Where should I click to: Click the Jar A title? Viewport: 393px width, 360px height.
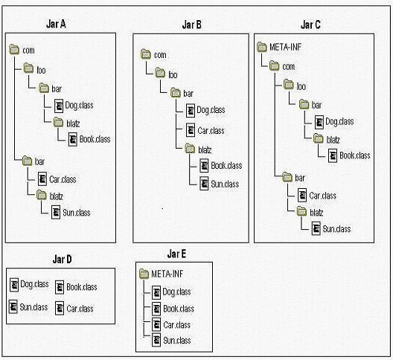[56, 24]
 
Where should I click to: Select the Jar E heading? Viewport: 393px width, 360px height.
[176, 254]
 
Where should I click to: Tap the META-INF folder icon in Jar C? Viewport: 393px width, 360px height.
[262, 47]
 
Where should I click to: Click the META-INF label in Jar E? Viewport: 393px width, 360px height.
[167, 274]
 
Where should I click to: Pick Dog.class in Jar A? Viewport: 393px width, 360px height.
[79, 105]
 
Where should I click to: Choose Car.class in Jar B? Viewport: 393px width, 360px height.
[211, 130]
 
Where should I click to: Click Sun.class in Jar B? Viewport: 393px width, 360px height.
[225, 184]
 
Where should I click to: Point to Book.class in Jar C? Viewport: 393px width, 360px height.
[355, 155]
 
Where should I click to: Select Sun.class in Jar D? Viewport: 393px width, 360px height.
[33, 307]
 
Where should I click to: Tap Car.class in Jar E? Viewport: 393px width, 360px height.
[176, 325]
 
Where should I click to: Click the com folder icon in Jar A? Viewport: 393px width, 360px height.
[14, 49]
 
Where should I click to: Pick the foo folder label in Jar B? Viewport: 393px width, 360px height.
[173, 75]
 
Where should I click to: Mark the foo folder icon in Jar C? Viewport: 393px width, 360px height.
[289, 85]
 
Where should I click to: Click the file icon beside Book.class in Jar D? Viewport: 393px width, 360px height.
[60, 287]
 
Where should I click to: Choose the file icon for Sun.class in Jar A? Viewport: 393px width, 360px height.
[56, 213]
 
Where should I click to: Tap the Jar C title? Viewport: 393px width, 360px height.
[310, 25]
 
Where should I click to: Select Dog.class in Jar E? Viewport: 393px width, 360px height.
[176, 292]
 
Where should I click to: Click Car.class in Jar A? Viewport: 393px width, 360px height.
[63, 179]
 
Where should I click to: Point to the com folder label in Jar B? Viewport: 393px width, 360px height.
[160, 55]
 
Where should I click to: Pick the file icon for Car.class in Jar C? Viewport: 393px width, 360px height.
[302, 196]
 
